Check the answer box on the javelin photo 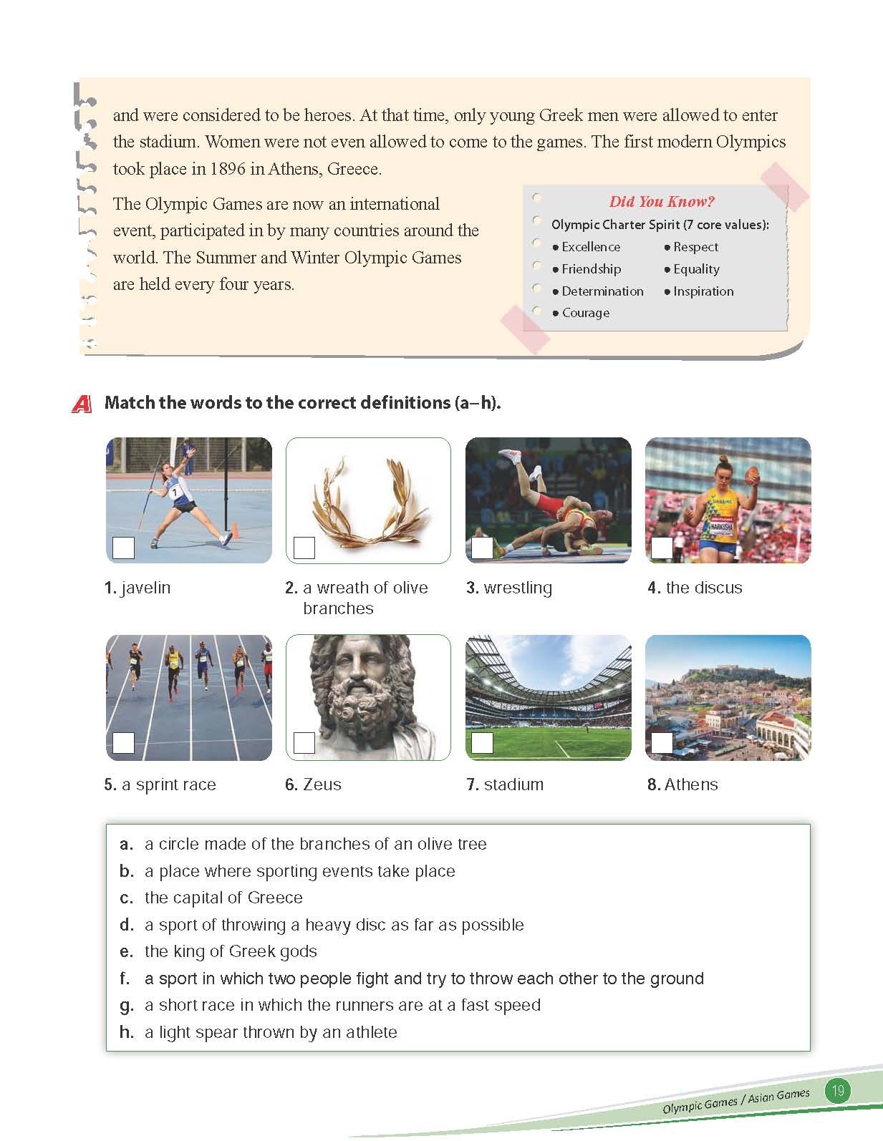124,548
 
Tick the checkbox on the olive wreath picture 304,548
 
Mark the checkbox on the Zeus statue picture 304,743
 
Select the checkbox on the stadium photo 482,743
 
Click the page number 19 837,1091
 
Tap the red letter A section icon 82,404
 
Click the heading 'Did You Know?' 662,202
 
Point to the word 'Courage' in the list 586,313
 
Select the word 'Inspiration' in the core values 703,291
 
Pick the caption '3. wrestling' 509,588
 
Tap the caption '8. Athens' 682,785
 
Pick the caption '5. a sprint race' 160,785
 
